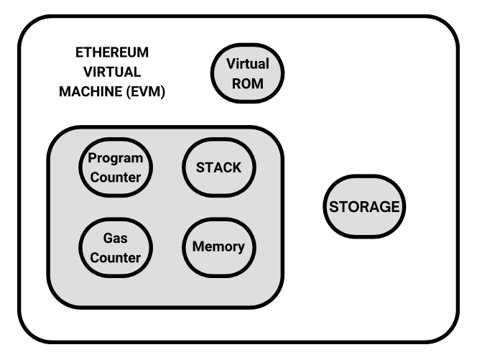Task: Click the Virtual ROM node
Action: pyautogui.click(x=248, y=73)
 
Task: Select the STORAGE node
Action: pyautogui.click(x=363, y=207)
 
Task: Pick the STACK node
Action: pyautogui.click(x=218, y=167)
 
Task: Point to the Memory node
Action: pyautogui.click(x=218, y=246)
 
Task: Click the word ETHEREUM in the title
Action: pyautogui.click(x=112, y=52)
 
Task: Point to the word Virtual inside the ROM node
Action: pyautogui.click(x=248, y=63)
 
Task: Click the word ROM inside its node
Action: pyautogui.click(x=248, y=83)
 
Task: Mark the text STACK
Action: pyautogui.click(x=218, y=167)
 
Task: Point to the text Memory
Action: pyautogui.click(x=218, y=246)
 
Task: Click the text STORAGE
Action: pyautogui.click(x=363, y=207)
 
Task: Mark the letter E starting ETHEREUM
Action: pyautogui.click(x=79, y=52)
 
